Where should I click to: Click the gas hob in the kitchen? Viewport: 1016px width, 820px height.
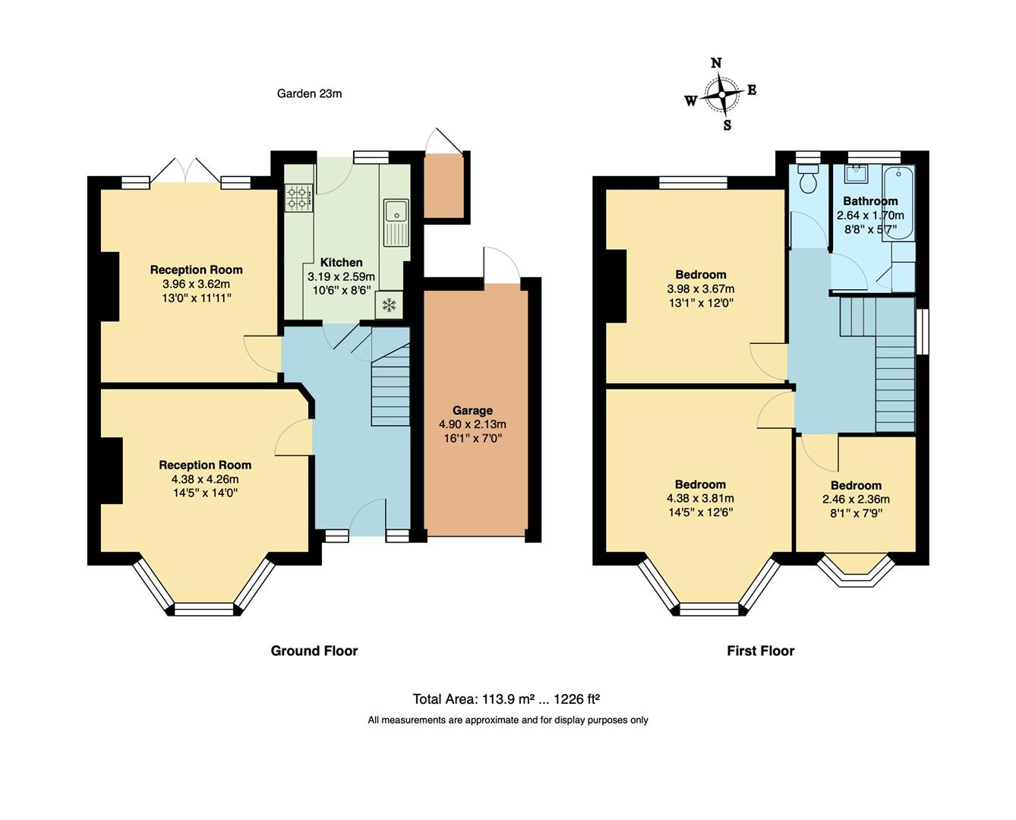[x=299, y=197]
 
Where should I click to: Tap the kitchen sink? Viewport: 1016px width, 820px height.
[x=396, y=222]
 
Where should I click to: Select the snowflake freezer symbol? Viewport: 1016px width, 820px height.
[x=390, y=304]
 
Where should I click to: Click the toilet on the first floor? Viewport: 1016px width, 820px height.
[x=807, y=179]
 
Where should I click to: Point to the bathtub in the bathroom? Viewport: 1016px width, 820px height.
[x=898, y=202]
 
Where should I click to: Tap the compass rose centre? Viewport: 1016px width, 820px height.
[x=721, y=94]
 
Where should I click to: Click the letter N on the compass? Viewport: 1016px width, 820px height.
[x=716, y=63]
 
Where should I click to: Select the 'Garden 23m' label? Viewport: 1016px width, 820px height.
[x=309, y=93]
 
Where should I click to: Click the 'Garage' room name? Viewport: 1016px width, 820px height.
[x=472, y=410]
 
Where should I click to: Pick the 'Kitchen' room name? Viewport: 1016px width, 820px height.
[x=341, y=263]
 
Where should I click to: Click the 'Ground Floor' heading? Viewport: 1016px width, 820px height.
[x=314, y=651]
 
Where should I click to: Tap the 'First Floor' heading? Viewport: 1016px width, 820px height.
[x=760, y=651]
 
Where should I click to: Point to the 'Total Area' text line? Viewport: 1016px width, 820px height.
[x=506, y=699]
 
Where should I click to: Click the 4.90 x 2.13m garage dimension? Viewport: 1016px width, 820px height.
[x=472, y=424]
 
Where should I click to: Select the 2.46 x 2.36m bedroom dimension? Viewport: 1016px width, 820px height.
[x=856, y=500]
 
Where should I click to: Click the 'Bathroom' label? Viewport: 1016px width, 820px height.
[x=870, y=201]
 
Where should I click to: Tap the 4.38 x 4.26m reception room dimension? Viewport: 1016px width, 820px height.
[x=205, y=479]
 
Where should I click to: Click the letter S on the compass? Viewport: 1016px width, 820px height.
[x=727, y=125]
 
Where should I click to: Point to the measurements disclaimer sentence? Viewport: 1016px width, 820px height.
[x=507, y=720]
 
